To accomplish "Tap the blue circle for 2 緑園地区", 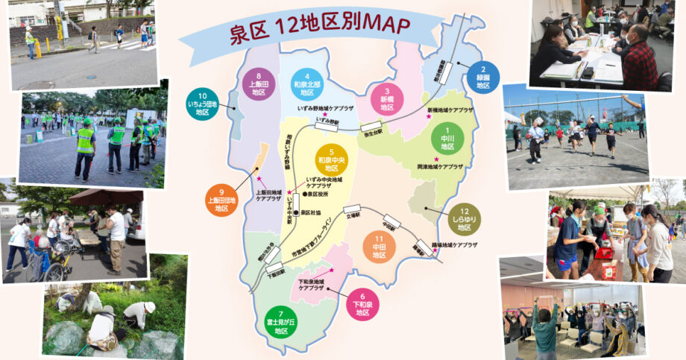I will pos(483,77).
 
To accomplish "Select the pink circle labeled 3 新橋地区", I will pos(387,99).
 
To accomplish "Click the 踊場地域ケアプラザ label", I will pos(454,244).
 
